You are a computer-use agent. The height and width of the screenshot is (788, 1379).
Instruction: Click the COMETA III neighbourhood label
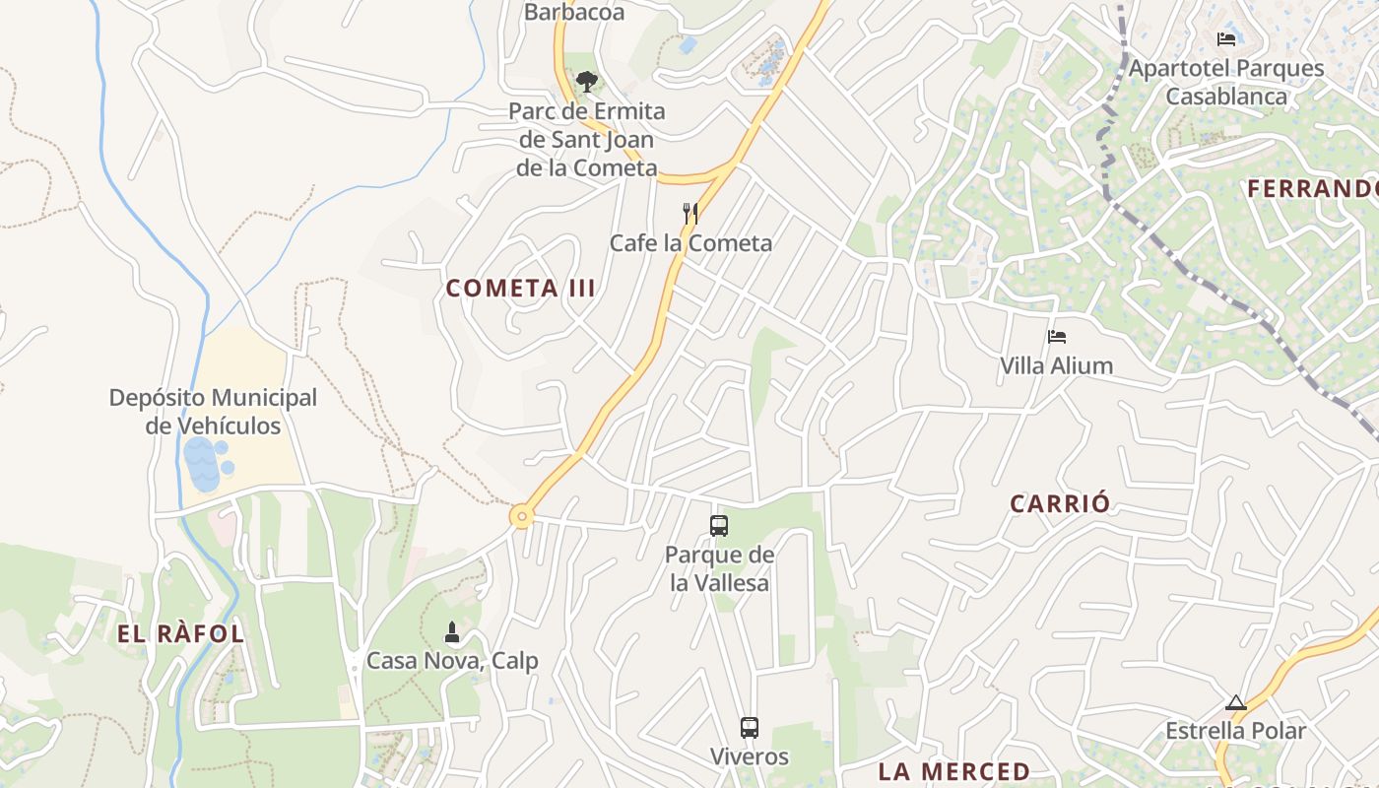tap(521, 288)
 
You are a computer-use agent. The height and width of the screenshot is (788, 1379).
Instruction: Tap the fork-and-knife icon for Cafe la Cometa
tap(690, 213)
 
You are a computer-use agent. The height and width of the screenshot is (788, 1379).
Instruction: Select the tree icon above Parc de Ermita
tap(587, 82)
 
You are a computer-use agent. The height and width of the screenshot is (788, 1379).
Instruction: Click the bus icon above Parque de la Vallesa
tap(719, 526)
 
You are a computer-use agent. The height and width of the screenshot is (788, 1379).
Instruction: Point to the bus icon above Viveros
tap(750, 728)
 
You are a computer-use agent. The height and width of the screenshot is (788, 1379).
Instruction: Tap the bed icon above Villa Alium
tap(1057, 336)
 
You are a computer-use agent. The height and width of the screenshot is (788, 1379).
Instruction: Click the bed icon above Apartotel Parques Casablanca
tap(1226, 39)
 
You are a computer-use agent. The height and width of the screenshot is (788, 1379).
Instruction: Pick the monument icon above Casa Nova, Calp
tap(452, 631)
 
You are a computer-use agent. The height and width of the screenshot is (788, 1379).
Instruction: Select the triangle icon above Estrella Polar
tap(1236, 702)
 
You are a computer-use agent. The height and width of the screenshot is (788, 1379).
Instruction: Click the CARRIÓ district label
tap(1060, 503)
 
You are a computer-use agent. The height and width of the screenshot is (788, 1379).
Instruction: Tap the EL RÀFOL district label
tap(180, 633)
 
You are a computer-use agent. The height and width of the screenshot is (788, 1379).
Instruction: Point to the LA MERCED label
tap(953, 771)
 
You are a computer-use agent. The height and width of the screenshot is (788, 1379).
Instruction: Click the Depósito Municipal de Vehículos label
tap(213, 412)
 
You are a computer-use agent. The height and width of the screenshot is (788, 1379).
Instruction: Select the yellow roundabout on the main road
tap(521, 515)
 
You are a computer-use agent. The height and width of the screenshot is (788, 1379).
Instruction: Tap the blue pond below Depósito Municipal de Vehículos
tap(203, 464)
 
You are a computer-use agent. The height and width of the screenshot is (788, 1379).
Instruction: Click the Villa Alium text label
tap(1057, 365)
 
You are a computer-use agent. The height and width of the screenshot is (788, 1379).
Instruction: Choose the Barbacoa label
tap(574, 12)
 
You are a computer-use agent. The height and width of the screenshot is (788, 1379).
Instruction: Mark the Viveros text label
tap(750, 756)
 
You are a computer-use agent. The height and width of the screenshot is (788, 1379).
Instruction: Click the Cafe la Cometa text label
tap(690, 242)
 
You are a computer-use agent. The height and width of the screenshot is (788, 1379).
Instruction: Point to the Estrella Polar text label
tap(1235, 731)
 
